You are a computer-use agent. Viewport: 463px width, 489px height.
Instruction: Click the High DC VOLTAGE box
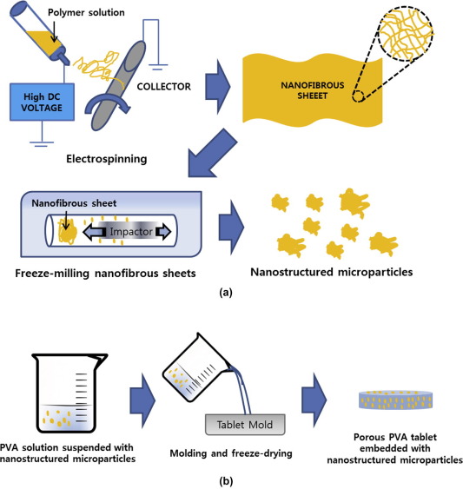coord(42,102)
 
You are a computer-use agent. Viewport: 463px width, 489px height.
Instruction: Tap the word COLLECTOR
coord(164,86)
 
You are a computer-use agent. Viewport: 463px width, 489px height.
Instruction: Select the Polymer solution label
coord(86,12)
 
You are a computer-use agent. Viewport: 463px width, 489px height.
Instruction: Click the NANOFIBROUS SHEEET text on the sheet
coord(313,90)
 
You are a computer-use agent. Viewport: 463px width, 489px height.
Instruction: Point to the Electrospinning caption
coord(107,159)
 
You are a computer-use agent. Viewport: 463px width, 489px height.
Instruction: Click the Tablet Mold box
coord(245,425)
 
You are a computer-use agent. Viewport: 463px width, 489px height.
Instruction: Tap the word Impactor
coord(131,231)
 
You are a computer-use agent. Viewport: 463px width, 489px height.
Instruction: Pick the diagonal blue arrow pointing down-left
coord(213,153)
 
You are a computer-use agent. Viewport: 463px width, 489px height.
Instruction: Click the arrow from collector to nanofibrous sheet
coord(218,87)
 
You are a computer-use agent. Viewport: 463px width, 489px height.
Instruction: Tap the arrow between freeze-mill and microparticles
coord(231,227)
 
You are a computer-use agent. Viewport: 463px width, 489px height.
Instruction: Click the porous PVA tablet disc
coord(395,400)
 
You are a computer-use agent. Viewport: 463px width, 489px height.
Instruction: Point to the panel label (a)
coord(226,293)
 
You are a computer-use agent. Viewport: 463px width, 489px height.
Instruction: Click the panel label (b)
coord(226,481)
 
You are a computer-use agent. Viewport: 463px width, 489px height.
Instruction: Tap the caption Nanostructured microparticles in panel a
coord(332,272)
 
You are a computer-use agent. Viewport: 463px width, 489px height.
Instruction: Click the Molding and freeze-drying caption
coord(231,453)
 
